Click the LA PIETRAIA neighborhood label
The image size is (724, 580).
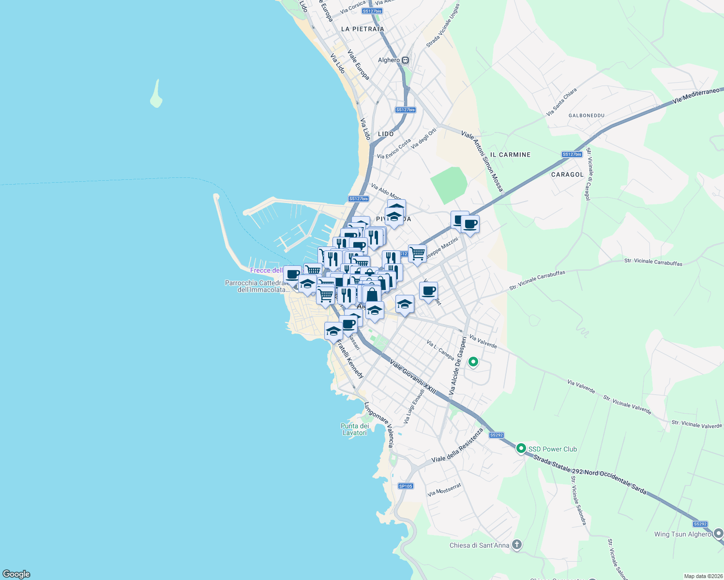click(x=362, y=29)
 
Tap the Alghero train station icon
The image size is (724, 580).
click(x=406, y=60)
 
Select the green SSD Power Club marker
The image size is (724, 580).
click(x=521, y=449)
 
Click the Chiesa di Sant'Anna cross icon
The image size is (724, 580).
click(x=517, y=545)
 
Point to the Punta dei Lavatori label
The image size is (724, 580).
click(x=355, y=429)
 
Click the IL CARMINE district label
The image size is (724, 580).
click(x=510, y=155)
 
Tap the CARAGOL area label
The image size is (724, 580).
click(x=567, y=174)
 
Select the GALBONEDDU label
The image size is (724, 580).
click(x=587, y=116)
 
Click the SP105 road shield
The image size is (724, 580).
click(x=406, y=486)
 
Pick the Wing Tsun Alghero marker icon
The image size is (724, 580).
click(x=718, y=534)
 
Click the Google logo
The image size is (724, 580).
click(x=16, y=574)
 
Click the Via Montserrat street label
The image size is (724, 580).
click(x=444, y=491)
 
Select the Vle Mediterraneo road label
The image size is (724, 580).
click(x=697, y=96)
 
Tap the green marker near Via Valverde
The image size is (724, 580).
click(x=473, y=362)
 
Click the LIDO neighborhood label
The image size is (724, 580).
click(x=386, y=134)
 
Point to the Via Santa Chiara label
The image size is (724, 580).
click(x=561, y=101)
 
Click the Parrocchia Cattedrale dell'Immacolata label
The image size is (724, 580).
click(x=256, y=286)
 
